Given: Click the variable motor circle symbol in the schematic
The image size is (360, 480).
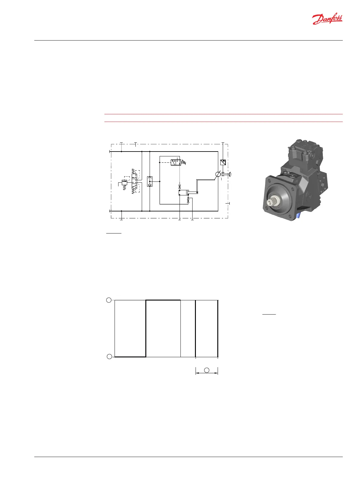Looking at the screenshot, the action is (x=218, y=174).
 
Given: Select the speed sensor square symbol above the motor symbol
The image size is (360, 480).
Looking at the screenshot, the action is (x=223, y=162).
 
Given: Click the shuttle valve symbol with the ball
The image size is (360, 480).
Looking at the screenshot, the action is (x=150, y=181).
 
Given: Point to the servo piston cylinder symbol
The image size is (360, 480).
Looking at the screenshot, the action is (x=184, y=193).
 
